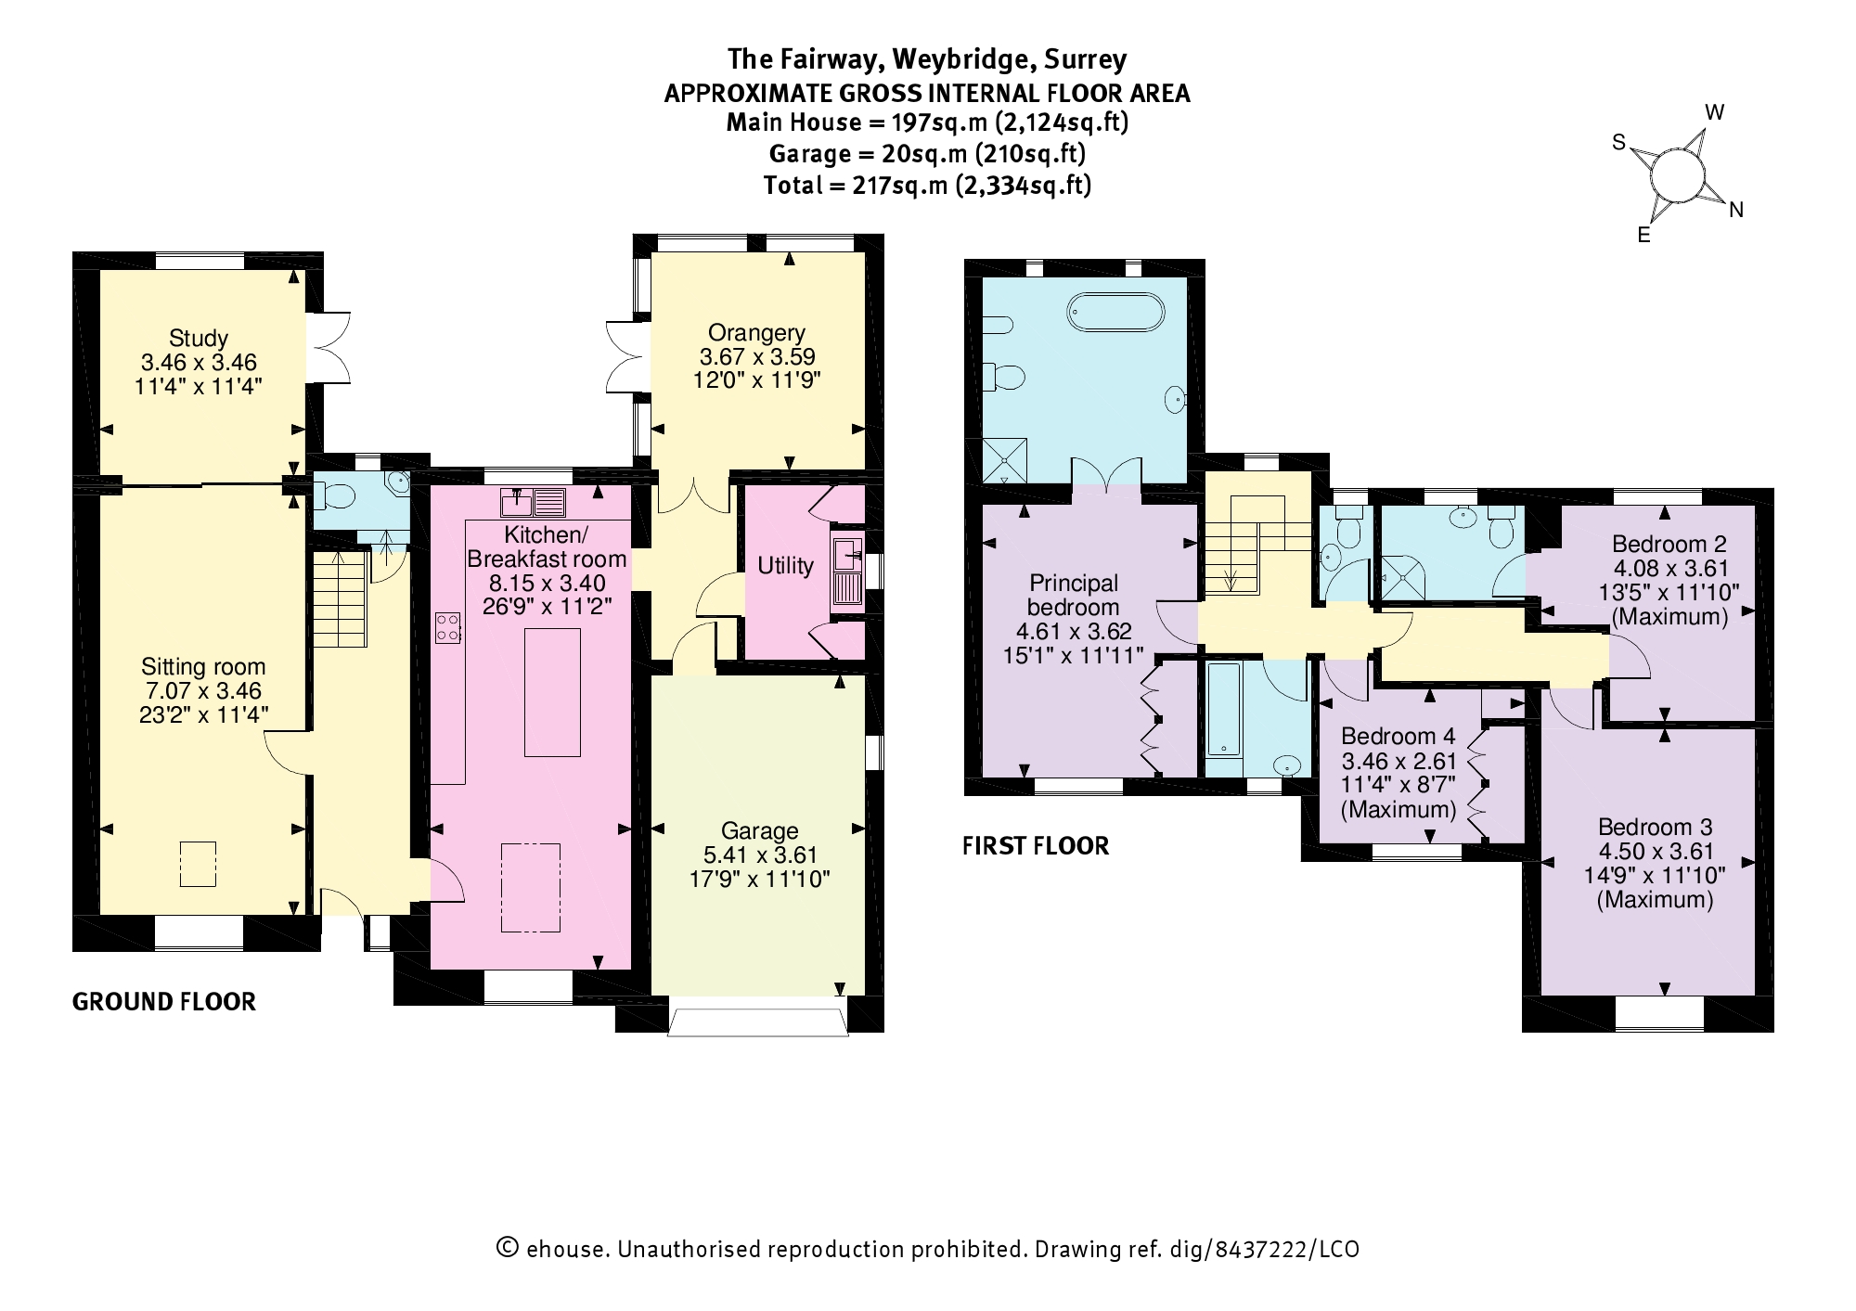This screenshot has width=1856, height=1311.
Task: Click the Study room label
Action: (x=198, y=338)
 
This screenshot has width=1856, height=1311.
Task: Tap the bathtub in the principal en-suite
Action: (x=1115, y=312)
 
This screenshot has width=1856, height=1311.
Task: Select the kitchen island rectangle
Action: (x=552, y=692)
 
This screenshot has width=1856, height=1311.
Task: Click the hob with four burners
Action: (x=448, y=627)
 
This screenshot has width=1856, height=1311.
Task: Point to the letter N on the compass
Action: (x=1735, y=211)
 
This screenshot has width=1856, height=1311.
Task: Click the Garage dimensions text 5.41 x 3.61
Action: (x=759, y=855)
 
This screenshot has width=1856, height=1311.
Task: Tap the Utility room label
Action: (x=785, y=566)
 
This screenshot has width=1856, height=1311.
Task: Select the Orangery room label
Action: (x=756, y=332)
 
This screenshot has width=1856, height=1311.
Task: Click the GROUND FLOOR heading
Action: (x=163, y=1002)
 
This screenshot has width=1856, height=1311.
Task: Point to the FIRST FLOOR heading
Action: (x=1035, y=846)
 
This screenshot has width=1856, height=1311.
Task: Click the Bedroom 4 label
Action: (x=1398, y=737)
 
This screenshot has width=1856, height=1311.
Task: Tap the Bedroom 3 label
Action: (x=1655, y=827)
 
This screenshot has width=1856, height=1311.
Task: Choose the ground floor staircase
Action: (x=341, y=599)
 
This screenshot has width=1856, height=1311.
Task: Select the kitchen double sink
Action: (x=533, y=502)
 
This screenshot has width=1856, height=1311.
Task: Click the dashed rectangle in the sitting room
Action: (x=198, y=864)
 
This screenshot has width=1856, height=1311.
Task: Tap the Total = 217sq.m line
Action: (x=926, y=186)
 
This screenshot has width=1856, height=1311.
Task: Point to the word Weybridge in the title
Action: (x=962, y=59)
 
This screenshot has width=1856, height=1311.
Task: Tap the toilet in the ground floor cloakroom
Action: (x=333, y=497)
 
